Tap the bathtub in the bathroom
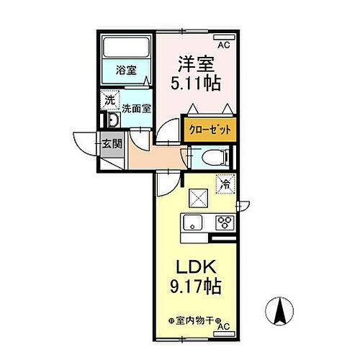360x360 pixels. pyautogui.click(x=125, y=48)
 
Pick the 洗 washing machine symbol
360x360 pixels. pyautogui.click(x=109, y=99)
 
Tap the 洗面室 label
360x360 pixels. pyautogui.click(x=135, y=109)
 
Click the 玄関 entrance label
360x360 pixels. pyautogui.click(x=111, y=143)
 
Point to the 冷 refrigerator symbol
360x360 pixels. pyautogui.click(x=225, y=184)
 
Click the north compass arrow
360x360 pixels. pyautogui.click(x=281, y=310)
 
